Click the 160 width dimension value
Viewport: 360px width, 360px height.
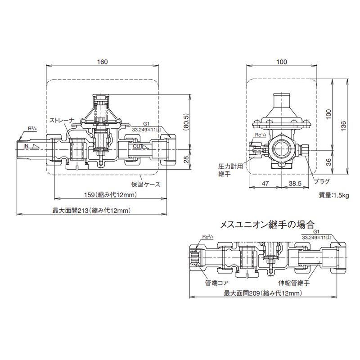click(x=103, y=62)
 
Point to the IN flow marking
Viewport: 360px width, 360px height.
click(x=26, y=146)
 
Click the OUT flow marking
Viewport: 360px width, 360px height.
click(x=137, y=146)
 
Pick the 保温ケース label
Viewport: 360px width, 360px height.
click(x=145, y=184)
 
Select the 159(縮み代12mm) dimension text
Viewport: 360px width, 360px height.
click(x=111, y=195)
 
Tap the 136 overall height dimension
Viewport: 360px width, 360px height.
click(x=343, y=126)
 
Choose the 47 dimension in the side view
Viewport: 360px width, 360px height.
click(x=265, y=184)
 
